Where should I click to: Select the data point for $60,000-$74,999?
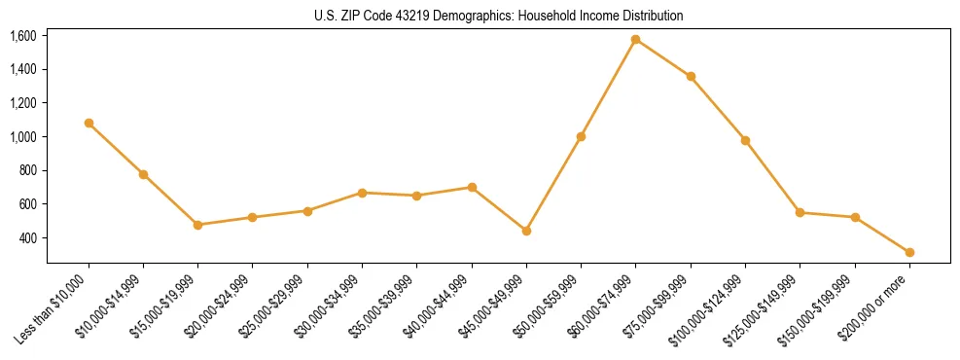click(x=635, y=40)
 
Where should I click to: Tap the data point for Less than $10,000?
click(x=89, y=124)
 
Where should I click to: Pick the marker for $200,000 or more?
click(x=909, y=252)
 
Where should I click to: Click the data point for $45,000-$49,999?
click(x=526, y=231)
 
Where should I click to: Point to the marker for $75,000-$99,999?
click(x=691, y=76)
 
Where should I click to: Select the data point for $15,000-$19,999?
click(x=198, y=225)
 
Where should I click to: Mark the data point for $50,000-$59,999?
click(x=581, y=136)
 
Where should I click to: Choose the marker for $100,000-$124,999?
click(x=745, y=140)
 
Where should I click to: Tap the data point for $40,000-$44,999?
click(x=472, y=187)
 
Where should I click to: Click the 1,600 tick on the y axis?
click(x=23, y=36)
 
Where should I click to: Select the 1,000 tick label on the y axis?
click(x=23, y=137)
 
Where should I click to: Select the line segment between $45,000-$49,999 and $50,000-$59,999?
click(x=553, y=184)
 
